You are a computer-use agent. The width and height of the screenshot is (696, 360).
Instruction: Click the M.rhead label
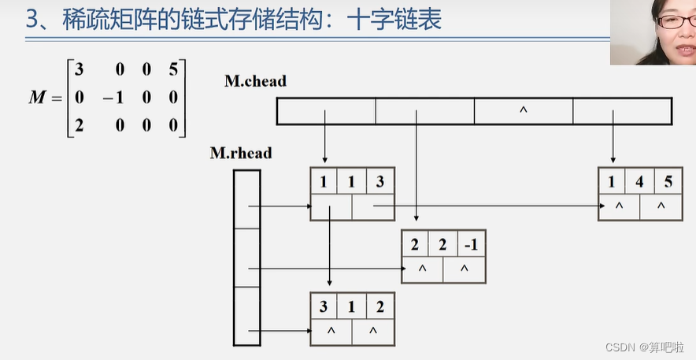(240, 153)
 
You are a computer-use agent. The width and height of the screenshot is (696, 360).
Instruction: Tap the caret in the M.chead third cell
(523, 111)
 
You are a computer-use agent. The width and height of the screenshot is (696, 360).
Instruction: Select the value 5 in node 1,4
(668, 182)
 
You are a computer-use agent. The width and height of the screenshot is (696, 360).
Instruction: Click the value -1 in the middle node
(471, 244)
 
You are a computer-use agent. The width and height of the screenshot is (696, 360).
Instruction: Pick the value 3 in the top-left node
(380, 182)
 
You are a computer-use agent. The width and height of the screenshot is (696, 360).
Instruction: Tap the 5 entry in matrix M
(173, 70)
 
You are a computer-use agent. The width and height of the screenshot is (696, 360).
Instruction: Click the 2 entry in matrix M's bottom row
(79, 124)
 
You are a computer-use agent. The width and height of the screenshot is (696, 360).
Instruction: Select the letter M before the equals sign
(37, 97)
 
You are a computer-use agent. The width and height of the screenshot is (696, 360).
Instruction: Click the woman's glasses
(676, 21)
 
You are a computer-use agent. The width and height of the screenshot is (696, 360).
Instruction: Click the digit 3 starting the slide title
(31, 20)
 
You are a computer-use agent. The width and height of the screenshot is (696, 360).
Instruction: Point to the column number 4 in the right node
(639, 182)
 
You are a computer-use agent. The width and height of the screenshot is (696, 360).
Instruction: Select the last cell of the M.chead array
(622, 111)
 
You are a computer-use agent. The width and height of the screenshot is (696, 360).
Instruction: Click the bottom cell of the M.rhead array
(246, 315)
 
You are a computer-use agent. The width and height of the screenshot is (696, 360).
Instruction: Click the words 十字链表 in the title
(398, 20)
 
